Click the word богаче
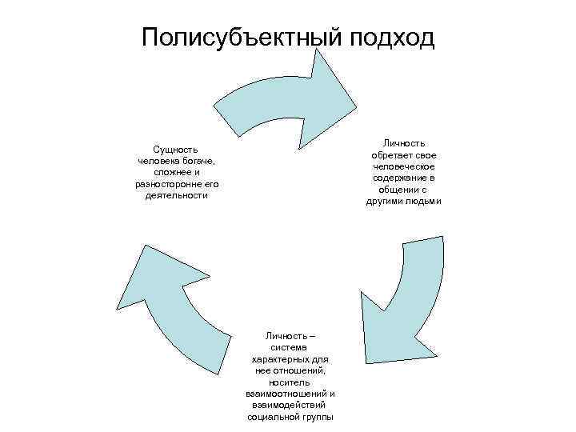coord(197,161)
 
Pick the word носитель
coord(289,382)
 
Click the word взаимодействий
coord(289,406)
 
